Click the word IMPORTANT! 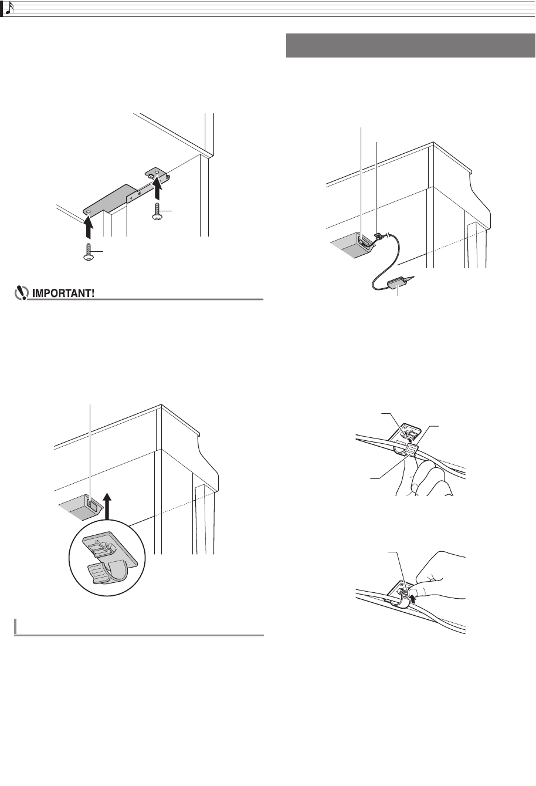(x=63, y=294)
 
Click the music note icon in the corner (x=8, y=8)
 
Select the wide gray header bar (x=410, y=46)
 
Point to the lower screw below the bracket (x=88, y=252)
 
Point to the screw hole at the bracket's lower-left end (x=88, y=212)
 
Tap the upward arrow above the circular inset (x=108, y=505)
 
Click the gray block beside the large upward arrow (x=80, y=507)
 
